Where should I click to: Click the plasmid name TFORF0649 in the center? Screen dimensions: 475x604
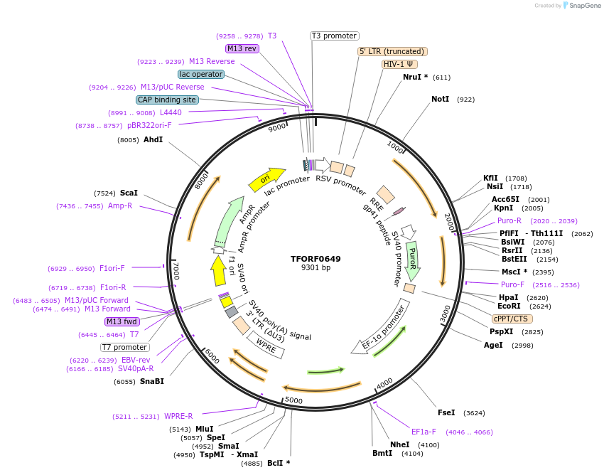[316, 258]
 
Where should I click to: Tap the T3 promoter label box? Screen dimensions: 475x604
[335, 36]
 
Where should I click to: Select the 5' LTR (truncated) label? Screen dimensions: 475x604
[392, 51]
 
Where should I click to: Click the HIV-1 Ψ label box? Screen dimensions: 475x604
[399, 64]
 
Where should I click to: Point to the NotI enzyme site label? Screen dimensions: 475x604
[440, 99]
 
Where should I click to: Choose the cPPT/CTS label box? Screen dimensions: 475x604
[510, 319]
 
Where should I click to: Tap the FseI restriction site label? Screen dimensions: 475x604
[446, 412]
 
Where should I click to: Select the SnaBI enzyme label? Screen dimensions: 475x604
[151, 381]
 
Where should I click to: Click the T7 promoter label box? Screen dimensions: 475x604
[124, 347]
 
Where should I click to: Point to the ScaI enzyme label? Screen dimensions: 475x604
[129, 193]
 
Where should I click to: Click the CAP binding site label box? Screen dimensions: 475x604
[167, 100]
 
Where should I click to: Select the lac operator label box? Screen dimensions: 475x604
[201, 74]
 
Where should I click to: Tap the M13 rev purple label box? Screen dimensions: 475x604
[242, 48]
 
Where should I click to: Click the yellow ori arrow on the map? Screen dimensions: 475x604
[266, 180]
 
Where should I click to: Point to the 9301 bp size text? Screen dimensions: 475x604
[316, 268]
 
